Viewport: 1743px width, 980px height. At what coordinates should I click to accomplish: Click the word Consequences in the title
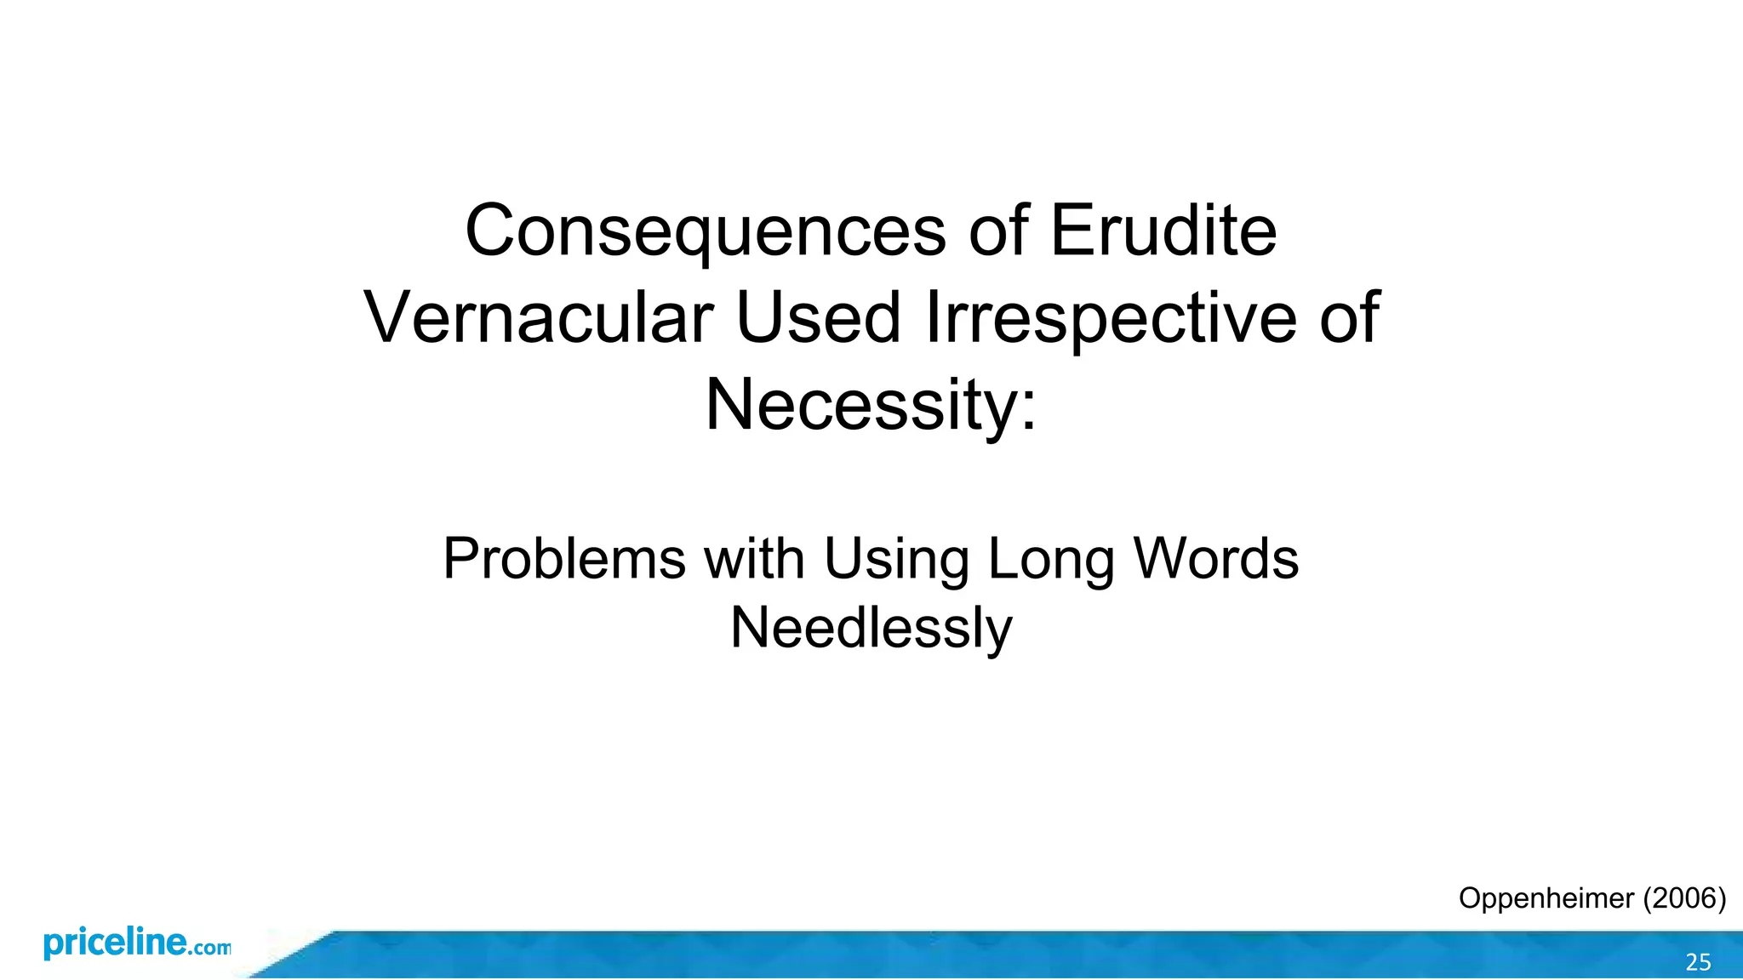[x=705, y=231]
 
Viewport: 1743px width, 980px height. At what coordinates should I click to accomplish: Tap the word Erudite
[x=1163, y=231]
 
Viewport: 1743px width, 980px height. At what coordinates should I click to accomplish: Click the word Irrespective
[x=1111, y=318]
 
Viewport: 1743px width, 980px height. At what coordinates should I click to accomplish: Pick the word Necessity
[x=860, y=405]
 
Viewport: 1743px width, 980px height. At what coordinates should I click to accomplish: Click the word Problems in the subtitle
[x=564, y=559]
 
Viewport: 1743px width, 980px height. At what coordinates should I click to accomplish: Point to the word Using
[x=896, y=559]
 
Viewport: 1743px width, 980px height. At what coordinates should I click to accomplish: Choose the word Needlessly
[x=871, y=628]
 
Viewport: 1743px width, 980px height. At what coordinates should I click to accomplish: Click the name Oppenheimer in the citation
[x=1546, y=898]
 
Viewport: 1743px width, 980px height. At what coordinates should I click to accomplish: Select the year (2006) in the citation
[x=1684, y=898]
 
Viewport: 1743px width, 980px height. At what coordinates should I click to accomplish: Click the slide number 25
[x=1698, y=962]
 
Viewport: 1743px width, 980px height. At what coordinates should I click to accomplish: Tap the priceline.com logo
[x=136, y=944]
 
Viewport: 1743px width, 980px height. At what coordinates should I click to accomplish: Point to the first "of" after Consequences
[x=998, y=231]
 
